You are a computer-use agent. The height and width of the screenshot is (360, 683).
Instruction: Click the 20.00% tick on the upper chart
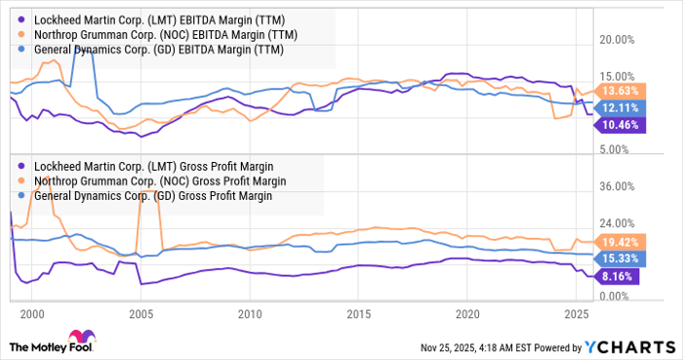pyautogui.click(x=622, y=40)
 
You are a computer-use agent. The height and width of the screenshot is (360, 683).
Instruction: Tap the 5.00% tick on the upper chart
pyautogui.click(x=620, y=149)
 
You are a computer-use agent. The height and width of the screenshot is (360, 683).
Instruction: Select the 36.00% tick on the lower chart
pyautogui.click(x=622, y=185)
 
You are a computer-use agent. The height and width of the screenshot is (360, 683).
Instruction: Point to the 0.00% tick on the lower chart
pyautogui.click(x=619, y=296)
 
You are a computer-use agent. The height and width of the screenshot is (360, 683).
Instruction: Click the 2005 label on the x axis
pyautogui.click(x=141, y=314)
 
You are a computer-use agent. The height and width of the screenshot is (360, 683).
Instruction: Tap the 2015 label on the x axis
pyautogui.click(x=359, y=314)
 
